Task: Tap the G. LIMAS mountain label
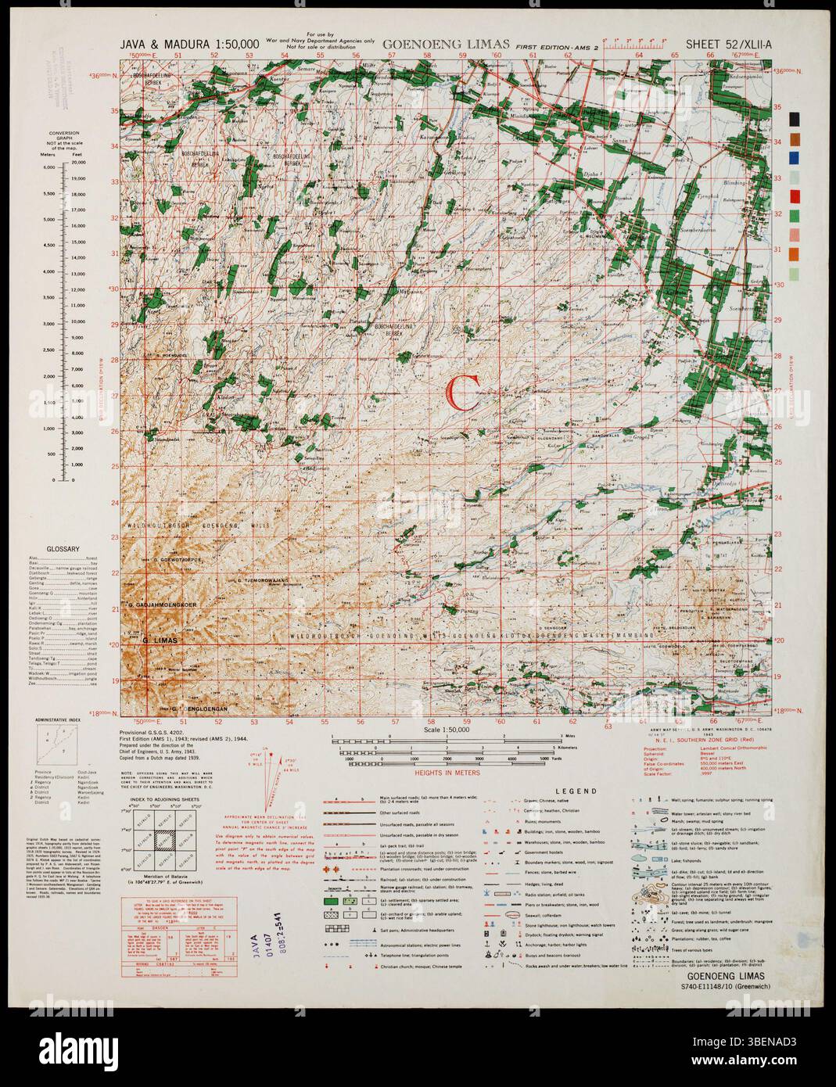tap(160, 640)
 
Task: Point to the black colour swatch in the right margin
tap(795, 119)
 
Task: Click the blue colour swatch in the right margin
tap(795, 158)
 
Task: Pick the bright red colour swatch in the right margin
tap(795, 196)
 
